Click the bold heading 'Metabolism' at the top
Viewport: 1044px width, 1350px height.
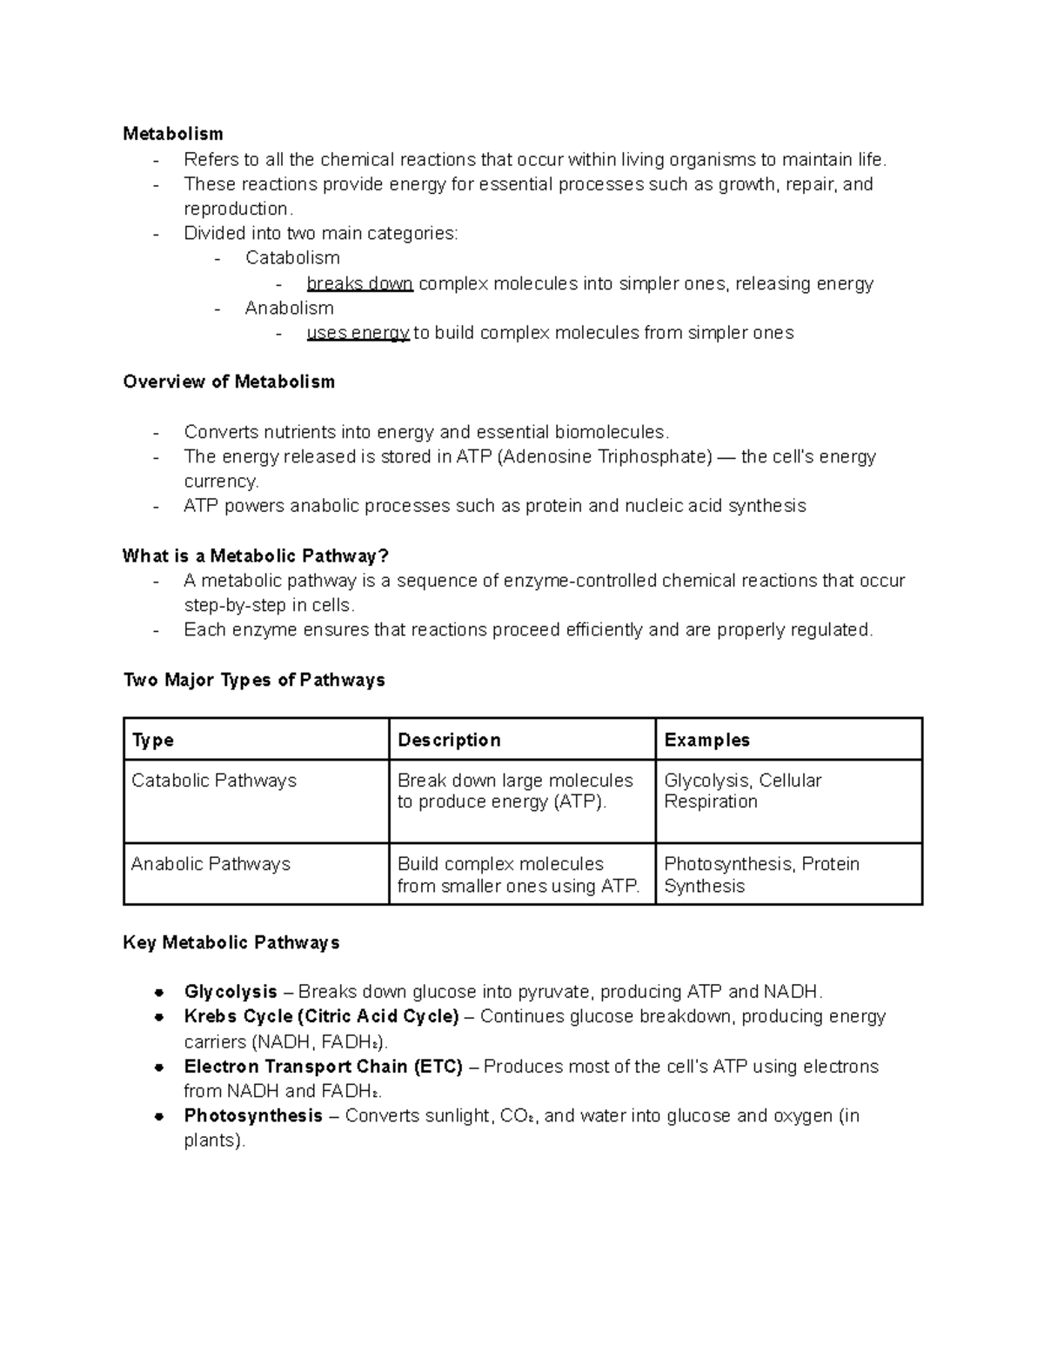[x=172, y=134]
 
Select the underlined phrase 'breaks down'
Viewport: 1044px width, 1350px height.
[x=359, y=284]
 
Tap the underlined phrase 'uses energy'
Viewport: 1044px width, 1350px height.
[x=358, y=333]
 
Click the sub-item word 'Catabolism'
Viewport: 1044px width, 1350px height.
[x=292, y=258]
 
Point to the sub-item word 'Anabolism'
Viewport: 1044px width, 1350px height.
[x=289, y=309]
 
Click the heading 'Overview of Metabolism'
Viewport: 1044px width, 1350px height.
[x=229, y=382]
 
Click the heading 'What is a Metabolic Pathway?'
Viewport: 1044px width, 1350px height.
[x=255, y=556]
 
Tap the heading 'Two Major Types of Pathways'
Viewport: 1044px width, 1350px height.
[x=254, y=681]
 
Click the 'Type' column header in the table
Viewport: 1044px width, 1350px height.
[x=152, y=741]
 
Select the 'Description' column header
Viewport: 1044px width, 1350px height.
[x=449, y=741]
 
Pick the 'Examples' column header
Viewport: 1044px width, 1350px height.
[x=706, y=741]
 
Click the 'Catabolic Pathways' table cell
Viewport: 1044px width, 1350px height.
[x=214, y=781]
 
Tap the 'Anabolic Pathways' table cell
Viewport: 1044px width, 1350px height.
[x=211, y=865]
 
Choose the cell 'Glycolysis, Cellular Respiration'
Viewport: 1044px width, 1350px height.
[x=742, y=791]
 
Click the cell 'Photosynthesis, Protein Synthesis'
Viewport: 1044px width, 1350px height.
[x=760, y=875]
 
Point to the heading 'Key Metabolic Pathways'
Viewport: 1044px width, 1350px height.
[x=231, y=943]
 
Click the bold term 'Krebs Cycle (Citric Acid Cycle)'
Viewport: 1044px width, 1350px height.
[x=321, y=1017]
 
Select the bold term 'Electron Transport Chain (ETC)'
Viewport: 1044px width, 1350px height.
[x=323, y=1067]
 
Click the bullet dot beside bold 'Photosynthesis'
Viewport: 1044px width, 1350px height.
[x=159, y=1117]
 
